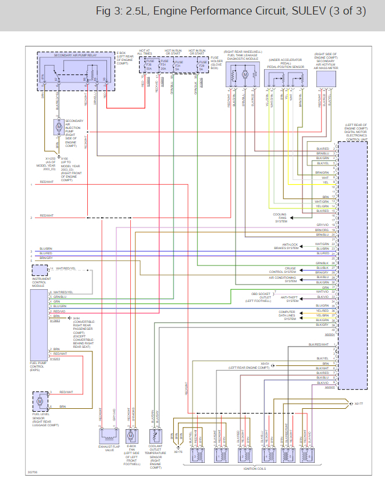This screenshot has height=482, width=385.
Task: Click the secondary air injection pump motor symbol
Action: (58, 127)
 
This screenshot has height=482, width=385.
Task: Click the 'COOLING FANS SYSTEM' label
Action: (280, 218)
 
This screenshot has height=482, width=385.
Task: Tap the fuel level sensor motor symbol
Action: (40, 401)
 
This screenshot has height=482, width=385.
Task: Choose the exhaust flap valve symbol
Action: (109, 435)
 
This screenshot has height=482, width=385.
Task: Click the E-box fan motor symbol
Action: (132, 435)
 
